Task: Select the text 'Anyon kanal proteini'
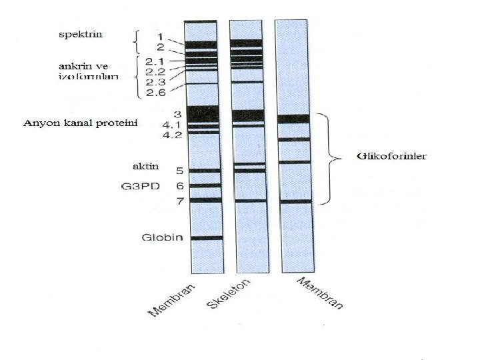point(80,124)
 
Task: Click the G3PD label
point(141,187)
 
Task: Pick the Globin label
point(162,238)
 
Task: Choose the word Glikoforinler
point(390,157)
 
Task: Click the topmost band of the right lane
point(293,119)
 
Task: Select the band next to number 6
point(205,186)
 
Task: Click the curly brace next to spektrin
point(137,42)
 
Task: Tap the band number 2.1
point(157,61)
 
